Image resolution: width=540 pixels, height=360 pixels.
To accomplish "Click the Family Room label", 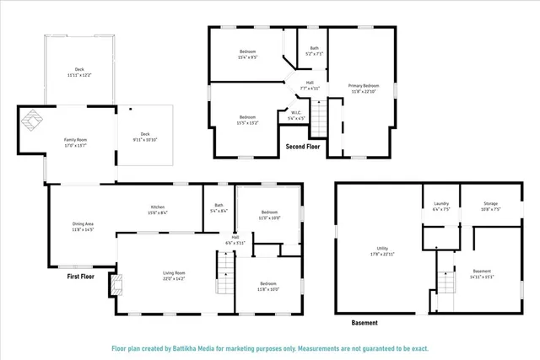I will [x=76, y=142].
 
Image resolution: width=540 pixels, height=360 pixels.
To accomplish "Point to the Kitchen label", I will [x=158, y=210].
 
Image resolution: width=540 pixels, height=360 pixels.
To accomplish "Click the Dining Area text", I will [x=83, y=226].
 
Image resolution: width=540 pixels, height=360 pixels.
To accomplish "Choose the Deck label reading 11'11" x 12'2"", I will [x=79, y=73].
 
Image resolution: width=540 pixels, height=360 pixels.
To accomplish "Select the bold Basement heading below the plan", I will [x=364, y=322].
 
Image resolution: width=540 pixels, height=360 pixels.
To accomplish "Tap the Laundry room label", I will [x=440, y=206].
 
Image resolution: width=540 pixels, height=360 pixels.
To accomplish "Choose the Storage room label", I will [x=490, y=206].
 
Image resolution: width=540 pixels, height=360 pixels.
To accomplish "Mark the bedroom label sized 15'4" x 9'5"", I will [x=247, y=55].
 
